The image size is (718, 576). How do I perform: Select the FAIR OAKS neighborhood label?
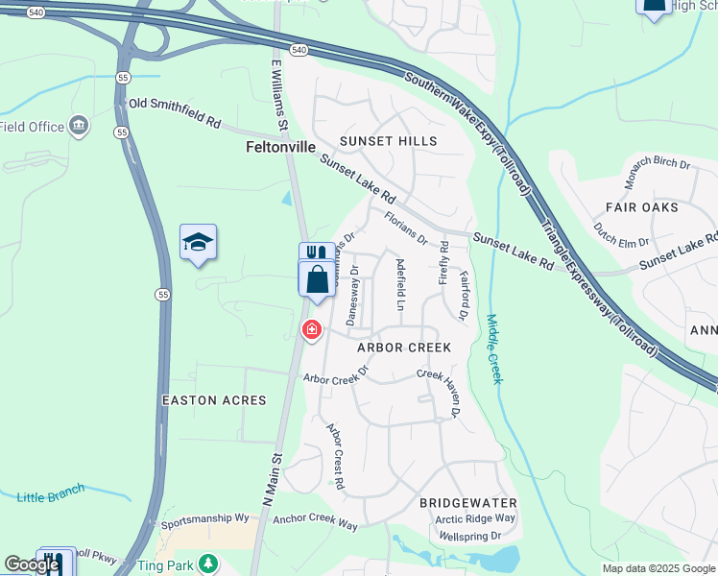tap(642, 207)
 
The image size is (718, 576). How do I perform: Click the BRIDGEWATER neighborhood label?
tap(468, 503)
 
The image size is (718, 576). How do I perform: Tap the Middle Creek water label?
tap(493, 349)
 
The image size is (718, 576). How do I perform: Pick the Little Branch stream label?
tap(51, 496)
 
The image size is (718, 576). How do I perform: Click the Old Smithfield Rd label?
tap(176, 113)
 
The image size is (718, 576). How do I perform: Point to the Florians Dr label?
tap(405, 228)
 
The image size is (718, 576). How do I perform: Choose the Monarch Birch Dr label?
tap(658, 171)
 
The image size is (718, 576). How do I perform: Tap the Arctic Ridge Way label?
tap(475, 518)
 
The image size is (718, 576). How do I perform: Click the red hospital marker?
tap(311, 330)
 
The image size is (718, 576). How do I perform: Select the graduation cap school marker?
tap(198, 244)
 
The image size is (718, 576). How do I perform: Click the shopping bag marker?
tap(318, 280)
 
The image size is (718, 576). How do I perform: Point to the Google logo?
tap(32, 564)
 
